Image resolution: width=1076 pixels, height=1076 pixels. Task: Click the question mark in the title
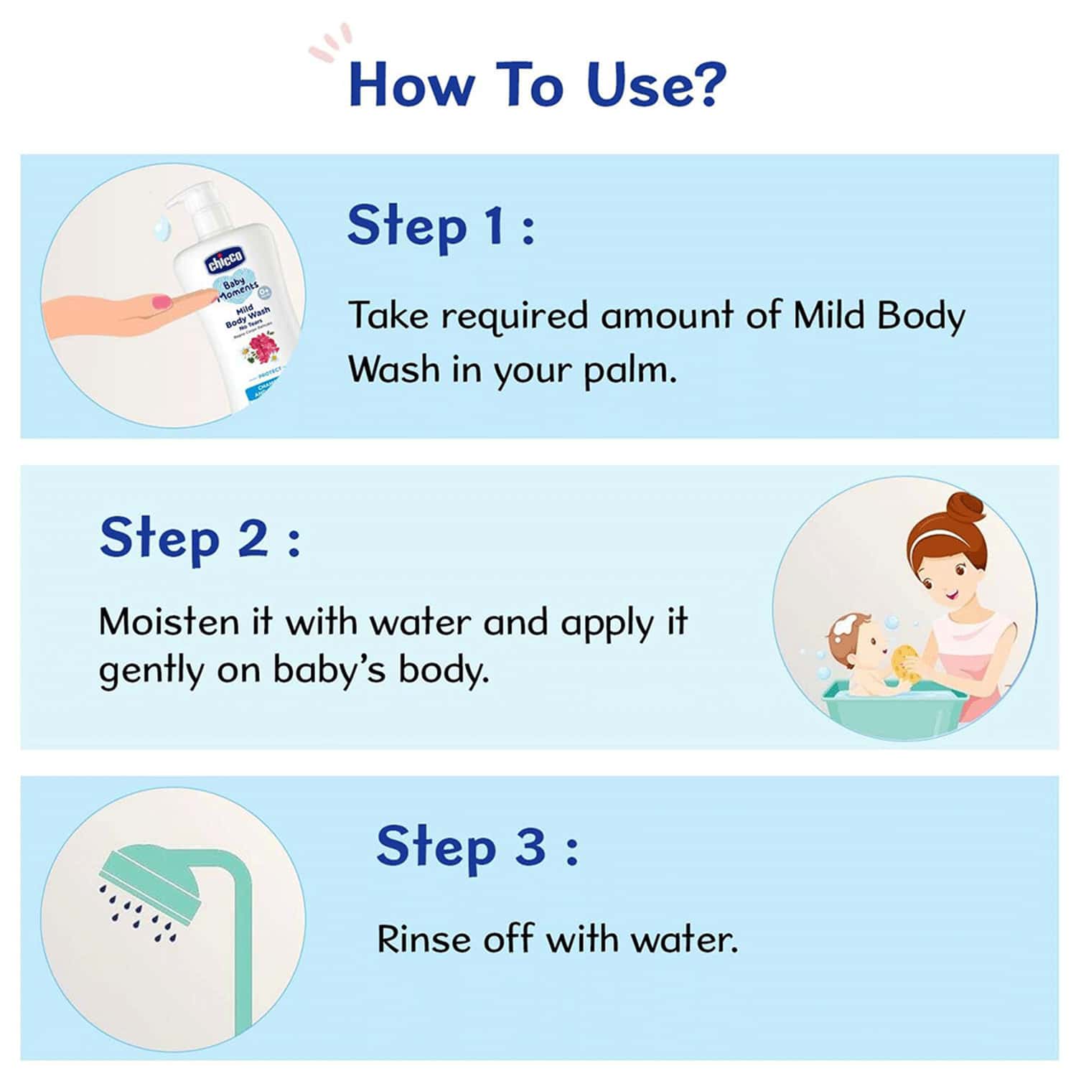coord(702,85)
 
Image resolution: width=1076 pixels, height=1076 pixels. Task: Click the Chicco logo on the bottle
coord(225,259)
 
